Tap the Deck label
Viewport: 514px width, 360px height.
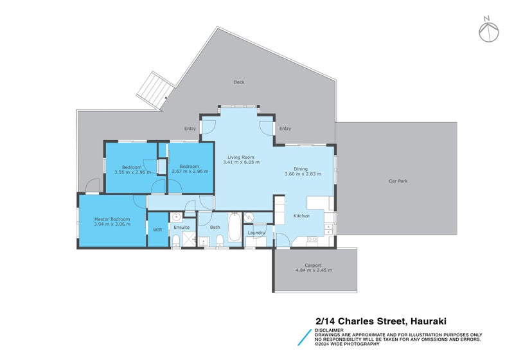239,82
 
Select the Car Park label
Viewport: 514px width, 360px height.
398,181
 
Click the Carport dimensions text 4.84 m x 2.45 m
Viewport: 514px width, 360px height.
314,270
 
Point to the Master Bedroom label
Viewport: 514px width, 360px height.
112,219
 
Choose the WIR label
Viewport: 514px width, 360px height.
157,230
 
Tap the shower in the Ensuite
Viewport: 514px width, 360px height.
188,240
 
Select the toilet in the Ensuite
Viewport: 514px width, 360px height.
176,240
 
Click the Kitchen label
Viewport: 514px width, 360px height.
301,216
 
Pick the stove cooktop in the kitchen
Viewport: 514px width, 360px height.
312,240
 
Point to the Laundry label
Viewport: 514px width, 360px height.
257,232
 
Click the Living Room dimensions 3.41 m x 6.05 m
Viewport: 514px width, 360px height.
241,163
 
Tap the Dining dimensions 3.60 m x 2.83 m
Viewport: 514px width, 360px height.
303,174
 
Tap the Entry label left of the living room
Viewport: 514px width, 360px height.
190,129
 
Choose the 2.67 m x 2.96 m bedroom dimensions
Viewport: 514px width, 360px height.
190,172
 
